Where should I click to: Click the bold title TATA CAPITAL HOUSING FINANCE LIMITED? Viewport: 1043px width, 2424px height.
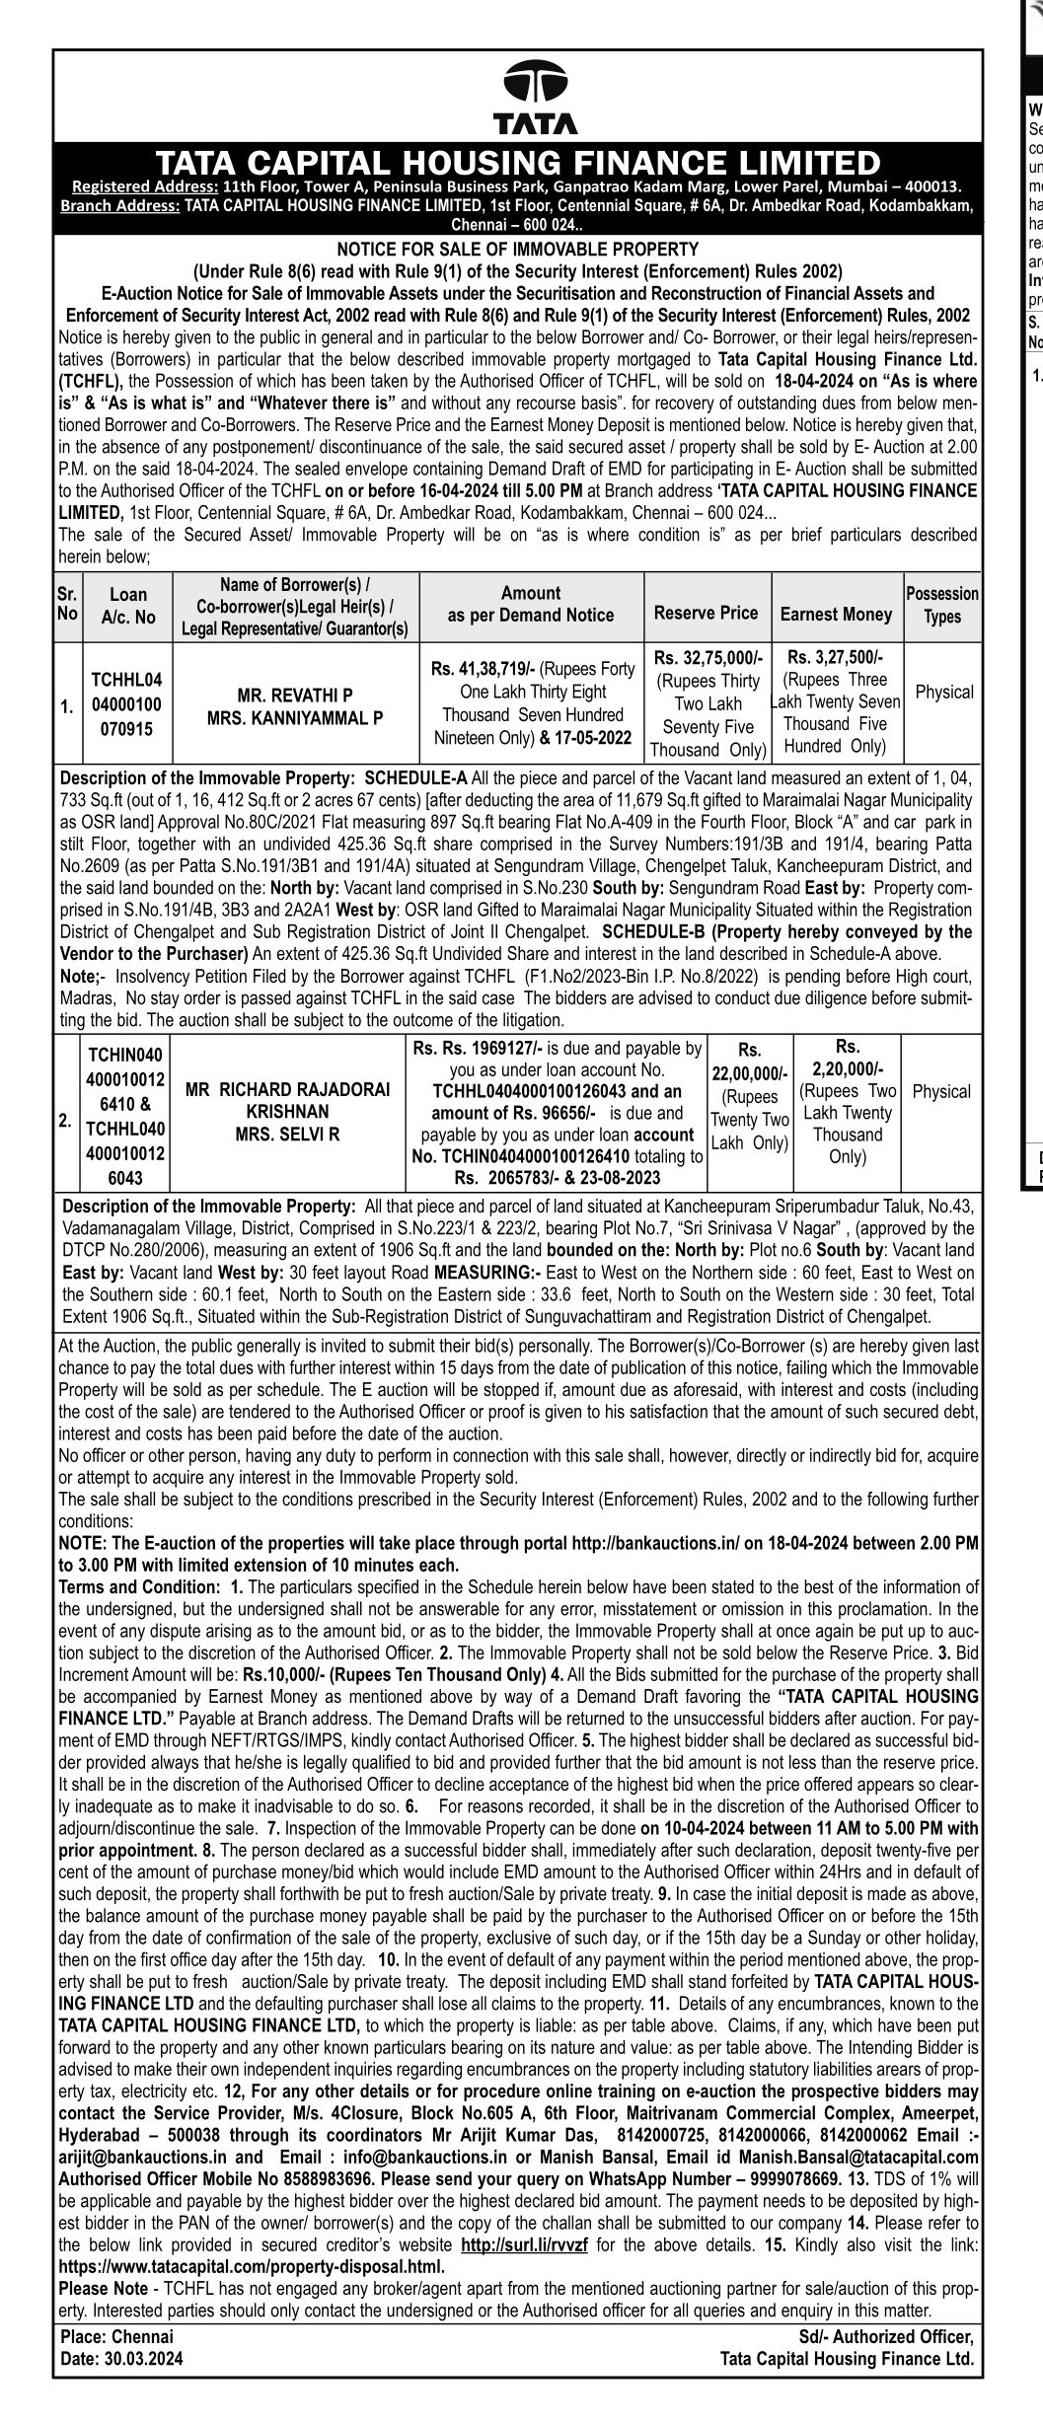pyautogui.click(x=518, y=162)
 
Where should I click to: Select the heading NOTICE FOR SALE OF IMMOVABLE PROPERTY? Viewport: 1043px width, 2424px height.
pyautogui.click(x=518, y=250)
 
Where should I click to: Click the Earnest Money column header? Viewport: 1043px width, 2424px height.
pyautogui.click(x=836, y=614)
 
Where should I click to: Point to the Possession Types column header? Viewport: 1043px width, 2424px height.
pyautogui.click(x=942, y=605)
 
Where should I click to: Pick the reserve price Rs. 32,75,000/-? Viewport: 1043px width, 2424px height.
pyautogui.click(x=708, y=657)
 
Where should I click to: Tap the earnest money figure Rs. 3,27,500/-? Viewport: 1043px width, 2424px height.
pyautogui.click(x=837, y=657)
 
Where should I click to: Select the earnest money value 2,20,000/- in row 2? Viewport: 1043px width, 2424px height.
pyautogui.click(x=848, y=1068)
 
